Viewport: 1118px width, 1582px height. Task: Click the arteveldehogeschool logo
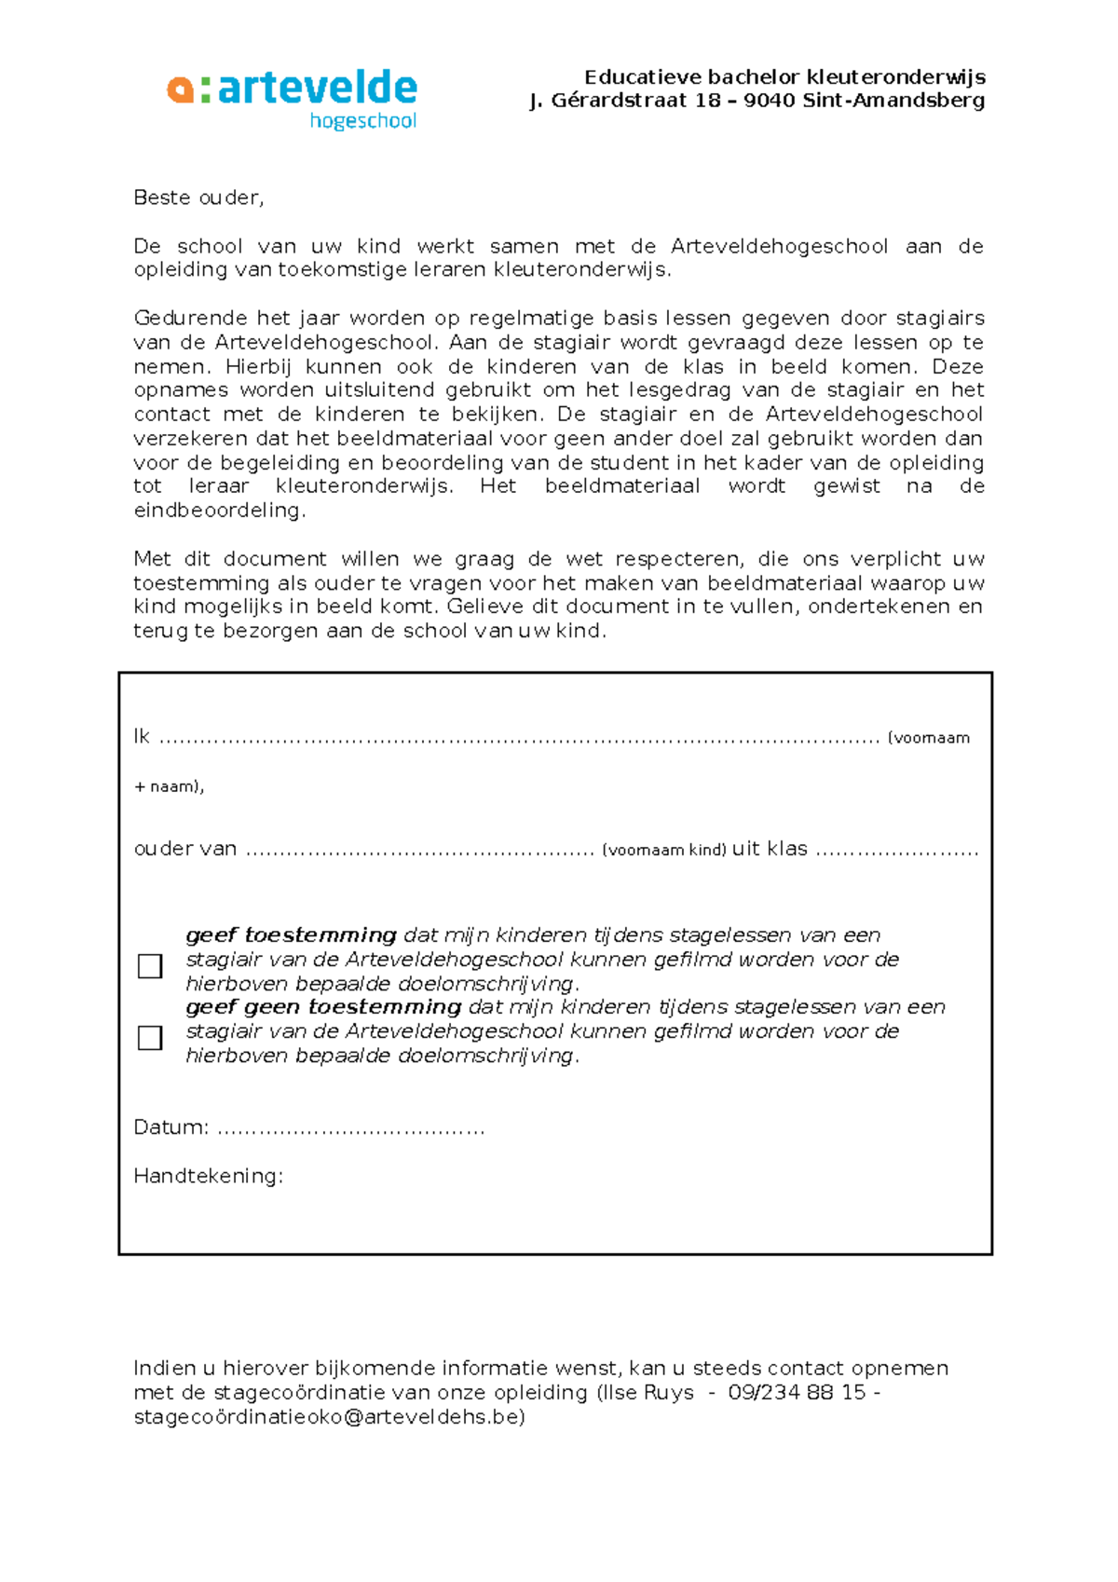tap(293, 98)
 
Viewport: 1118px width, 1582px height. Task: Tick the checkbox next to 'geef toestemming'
tap(150, 966)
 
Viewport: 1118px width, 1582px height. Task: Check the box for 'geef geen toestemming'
tap(150, 1038)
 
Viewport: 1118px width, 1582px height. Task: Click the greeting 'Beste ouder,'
tap(198, 198)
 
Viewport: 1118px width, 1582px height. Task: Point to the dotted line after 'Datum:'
tap(350, 1130)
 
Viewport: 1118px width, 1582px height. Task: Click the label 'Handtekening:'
tap(208, 1177)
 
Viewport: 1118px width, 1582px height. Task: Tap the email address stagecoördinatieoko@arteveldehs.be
tap(329, 1417)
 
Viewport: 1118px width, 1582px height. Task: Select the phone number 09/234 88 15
tap(797, 1393)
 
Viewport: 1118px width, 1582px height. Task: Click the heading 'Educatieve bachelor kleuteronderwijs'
tap(784, 77)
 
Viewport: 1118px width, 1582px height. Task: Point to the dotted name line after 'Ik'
tap(519, 740)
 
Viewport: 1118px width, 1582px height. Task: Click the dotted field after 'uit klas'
tap(896, 852)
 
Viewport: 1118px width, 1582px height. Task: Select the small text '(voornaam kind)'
tap(663, 851)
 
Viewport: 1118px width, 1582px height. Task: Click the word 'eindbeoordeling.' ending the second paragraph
tap(219, 511)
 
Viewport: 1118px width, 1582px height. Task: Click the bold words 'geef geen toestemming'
tap(323, 1007)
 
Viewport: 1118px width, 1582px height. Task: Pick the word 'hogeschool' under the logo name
tap(362, 121)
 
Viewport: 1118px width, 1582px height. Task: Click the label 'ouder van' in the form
tap(185, 849)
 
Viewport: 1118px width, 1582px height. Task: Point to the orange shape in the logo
tap(180, 89)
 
